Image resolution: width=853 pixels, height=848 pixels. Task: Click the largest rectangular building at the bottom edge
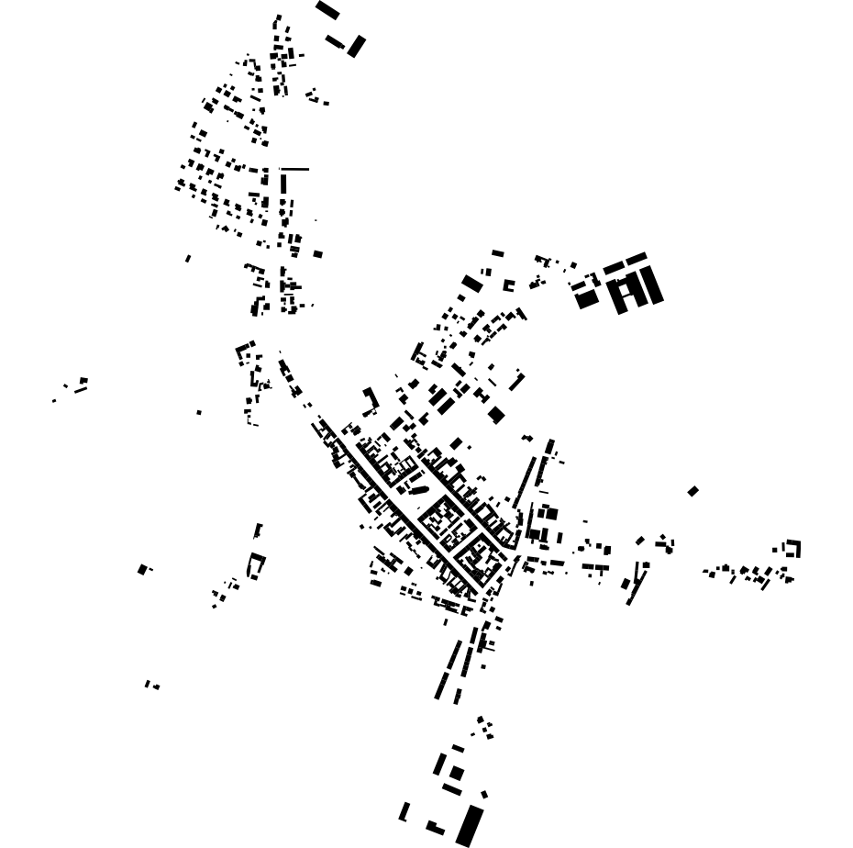point(469,825)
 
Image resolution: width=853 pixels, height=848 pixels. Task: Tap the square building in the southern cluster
point(456,774)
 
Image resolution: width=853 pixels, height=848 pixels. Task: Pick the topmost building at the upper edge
point(327,10)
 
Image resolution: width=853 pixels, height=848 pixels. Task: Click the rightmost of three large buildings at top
point(356,46)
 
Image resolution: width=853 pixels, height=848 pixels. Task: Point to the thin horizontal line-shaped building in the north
point(294,169)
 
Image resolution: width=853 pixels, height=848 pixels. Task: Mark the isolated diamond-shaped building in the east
point(692,491)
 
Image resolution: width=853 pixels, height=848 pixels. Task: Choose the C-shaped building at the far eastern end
point(793,549)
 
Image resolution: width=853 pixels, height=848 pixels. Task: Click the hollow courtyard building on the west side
point(255,565)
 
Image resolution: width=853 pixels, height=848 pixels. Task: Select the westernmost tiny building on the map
point(54,400)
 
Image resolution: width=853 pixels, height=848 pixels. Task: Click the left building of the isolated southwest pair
point(147,684)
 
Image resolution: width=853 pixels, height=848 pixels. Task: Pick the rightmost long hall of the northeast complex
point(652,285)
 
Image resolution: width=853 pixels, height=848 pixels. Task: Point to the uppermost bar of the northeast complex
point(636,258)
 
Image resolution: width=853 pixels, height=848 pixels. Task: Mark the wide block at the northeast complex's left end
point(587,299)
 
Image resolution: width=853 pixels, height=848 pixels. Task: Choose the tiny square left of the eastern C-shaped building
point(775,550)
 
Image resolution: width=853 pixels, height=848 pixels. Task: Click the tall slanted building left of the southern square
point(439,764)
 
